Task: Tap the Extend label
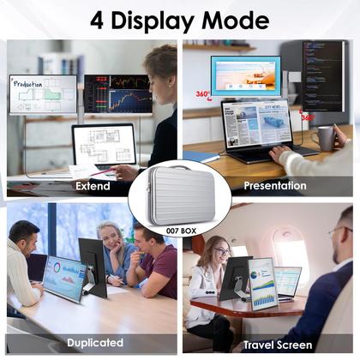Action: tap(93, 186)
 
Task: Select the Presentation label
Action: tap(274, 186)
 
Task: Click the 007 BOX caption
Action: tap(180, 231)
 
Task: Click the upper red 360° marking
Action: tap(202, 94)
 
